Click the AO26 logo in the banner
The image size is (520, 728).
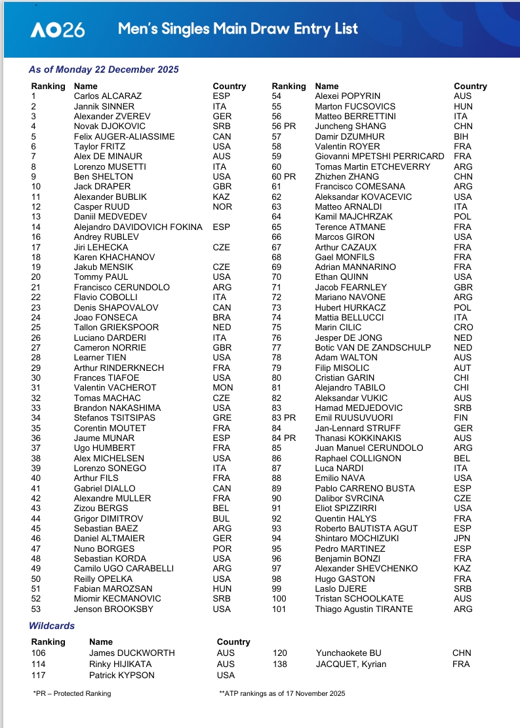[58, 29]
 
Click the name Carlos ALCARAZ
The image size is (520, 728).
[108, 96]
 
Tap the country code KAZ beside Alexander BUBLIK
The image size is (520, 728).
[221, 197]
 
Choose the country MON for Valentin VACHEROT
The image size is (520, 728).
[222, 387]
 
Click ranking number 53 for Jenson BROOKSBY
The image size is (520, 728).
[37, 609]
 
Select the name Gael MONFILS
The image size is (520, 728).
[343, 257]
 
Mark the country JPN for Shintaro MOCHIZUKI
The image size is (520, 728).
[462, 538]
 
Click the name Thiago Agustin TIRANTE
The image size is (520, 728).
[364, 609]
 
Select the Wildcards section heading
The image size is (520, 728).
[52, 626]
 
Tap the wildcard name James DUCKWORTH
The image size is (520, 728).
[132, 653]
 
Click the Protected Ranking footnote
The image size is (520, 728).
[72, 693]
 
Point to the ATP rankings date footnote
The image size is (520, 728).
[282, 693]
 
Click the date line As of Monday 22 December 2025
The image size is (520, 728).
[104, 69]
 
